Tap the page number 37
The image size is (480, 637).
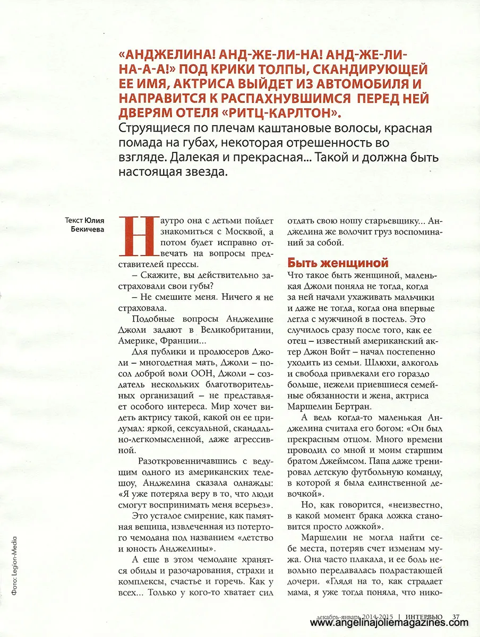(456, 617)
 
